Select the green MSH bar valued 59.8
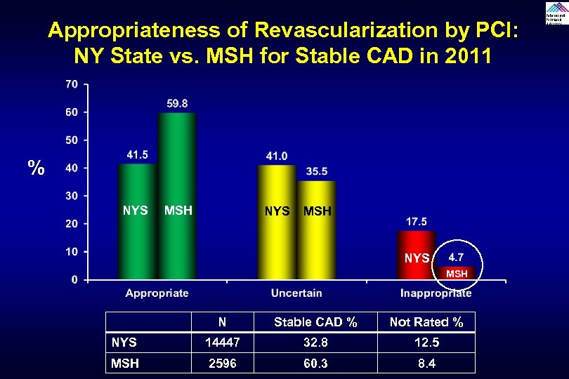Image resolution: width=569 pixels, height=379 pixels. coord(177,196)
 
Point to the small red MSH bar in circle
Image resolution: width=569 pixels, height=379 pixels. coord(457,274)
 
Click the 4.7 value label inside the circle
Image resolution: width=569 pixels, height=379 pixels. coord(456,258)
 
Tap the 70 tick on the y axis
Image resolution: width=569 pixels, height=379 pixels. coord(71,84)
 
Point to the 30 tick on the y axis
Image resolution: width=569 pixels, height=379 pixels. coord(71,196)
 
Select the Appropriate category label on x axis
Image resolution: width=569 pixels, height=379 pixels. coord(157,293)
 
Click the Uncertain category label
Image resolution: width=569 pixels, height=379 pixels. coord(296,293)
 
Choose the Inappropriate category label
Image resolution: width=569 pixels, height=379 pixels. coord(436,293)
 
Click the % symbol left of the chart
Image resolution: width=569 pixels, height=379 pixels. coord(37,168)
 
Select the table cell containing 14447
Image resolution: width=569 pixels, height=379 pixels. coord(222,343)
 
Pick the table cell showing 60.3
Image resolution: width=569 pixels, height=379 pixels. coord(315,363)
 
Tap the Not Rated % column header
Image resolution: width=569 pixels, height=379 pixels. coord(426,322)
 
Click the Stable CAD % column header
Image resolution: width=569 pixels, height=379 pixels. coord(315,322)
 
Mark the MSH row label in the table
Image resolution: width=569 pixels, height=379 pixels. coord(125,363)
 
